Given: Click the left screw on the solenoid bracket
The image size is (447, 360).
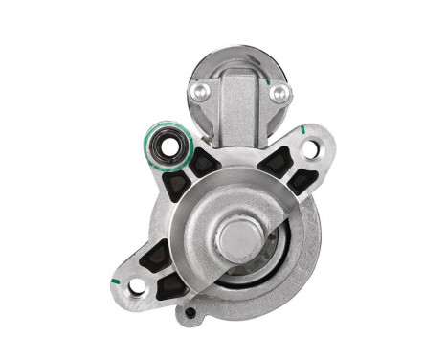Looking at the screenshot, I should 199,91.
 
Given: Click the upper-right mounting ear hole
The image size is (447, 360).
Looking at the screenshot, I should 309,148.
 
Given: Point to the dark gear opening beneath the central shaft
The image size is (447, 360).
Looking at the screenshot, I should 239,279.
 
